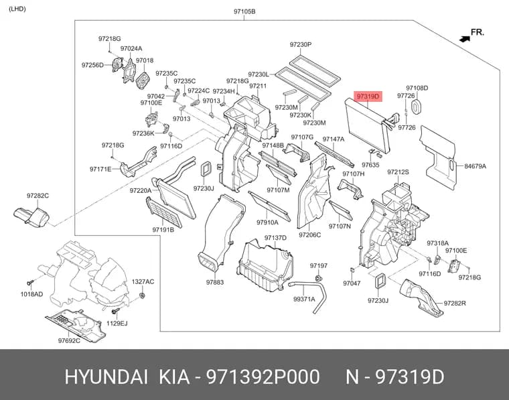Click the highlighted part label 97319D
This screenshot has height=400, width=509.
[368, 96]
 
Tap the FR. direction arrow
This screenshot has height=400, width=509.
[465, 39]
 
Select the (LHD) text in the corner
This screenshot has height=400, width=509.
[17, 9]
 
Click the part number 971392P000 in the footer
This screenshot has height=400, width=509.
[263, 377]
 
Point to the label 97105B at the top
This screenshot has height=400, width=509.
[244, 11]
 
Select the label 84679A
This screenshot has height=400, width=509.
[476, 166]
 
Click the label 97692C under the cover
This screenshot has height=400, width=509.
[69, 340]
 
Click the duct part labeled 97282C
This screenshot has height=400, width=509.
[31, 216]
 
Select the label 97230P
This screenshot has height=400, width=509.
[301, 44]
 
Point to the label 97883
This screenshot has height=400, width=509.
[215, 283]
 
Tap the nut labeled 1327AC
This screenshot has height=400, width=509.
[142, 295]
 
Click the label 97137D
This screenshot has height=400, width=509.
[275, 238]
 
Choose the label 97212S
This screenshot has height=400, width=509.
[398, 172]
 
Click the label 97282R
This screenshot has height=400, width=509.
[455, 304]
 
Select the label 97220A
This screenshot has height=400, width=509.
[141, 190]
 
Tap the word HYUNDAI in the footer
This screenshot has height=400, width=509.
[106, 377]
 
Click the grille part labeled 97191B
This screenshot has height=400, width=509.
[164, 212]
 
